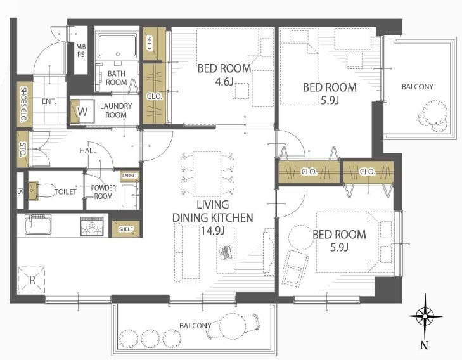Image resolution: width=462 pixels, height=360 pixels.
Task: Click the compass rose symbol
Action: pos(425,317)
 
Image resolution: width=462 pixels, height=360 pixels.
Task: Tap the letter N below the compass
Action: pos(424,345)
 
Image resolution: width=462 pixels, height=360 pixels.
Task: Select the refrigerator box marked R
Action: pos(31,280)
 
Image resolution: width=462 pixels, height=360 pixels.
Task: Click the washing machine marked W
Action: pos(82,112)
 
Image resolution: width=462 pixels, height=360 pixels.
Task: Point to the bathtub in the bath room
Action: pos(118,46)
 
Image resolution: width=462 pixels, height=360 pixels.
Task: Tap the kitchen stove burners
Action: pos(92,226)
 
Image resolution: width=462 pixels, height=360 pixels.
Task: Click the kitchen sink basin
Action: pos(38,224)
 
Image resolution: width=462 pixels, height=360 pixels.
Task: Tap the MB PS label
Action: pos(80,50)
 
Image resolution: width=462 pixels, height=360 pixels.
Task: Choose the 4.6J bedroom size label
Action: pos(224,81)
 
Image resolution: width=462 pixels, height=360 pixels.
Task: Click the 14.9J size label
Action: pos(213,230)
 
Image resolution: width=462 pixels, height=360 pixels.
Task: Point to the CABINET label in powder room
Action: pos(130,176)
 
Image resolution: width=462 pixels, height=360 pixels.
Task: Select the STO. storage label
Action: pos(23,150)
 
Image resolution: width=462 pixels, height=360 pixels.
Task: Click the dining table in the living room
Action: pos(207,174)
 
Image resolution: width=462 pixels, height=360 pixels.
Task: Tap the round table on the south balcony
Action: pos(233,326)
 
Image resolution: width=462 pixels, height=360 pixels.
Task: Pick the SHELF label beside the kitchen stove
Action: pos(126,229)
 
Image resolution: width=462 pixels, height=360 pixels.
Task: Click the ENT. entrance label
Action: pos(49,101)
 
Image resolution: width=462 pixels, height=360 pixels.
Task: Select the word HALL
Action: pos(88,151)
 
